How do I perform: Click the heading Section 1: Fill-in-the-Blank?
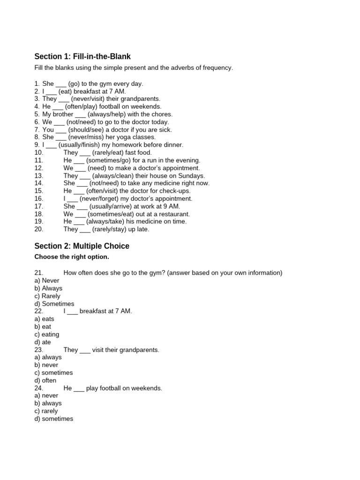click(82, 57)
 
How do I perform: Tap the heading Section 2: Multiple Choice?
click(82, 246)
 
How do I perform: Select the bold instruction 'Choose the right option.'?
click(72, 257)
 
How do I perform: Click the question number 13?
click(39, 176)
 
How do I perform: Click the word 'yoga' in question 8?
click(122, 137)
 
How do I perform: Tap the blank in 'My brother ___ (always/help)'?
click(80, 114)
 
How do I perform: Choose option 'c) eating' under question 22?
click(47, 334)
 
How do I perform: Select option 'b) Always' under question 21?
click(48, 288)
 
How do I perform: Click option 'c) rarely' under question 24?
click(46, 411)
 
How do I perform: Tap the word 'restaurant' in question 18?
click(173, 214)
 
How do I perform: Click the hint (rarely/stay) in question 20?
click(105, 229)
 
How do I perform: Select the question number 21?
click(39, 273)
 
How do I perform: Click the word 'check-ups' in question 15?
click(175, 191)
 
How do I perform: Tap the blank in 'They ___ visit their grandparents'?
click(85, 350)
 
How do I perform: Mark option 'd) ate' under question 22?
click(43, 342)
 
